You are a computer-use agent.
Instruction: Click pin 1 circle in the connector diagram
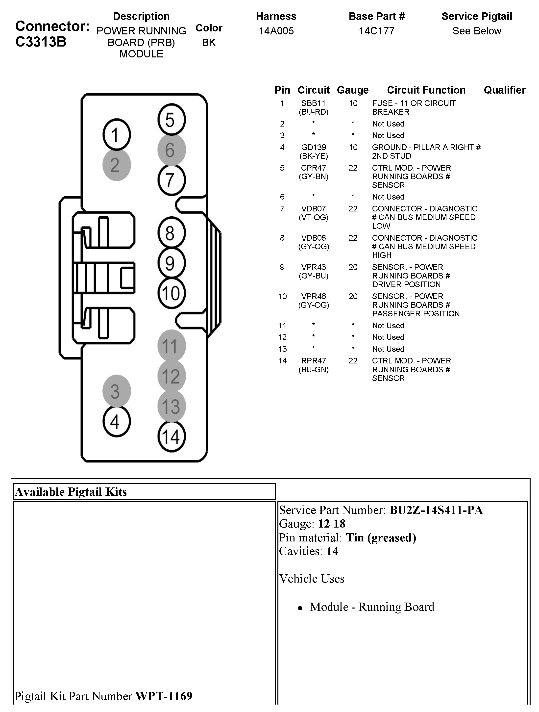pos(117,134)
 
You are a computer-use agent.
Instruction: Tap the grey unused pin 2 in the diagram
pos(117,165)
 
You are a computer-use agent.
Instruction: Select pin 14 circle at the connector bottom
pos(171,436)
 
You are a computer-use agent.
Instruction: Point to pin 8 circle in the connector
pos(171,233)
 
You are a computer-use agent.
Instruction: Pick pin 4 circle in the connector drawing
pos(117,421)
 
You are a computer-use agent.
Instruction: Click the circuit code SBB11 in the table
pos(313,103)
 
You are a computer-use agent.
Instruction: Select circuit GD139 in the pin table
pos(313,147)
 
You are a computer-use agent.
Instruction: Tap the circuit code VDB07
pos(313,209)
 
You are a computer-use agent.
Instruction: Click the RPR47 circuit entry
pos(313,361)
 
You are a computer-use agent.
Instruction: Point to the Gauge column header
pos(353,90)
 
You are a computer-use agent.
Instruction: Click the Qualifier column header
pos(504,90)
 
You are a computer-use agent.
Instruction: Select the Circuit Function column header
pos(426,90)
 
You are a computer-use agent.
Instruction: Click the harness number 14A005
pos(276,31)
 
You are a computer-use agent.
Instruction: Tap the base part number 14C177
pos(376,31)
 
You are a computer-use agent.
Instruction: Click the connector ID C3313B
pos(41,42)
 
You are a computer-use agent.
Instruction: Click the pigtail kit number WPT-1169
pos(164,696)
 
